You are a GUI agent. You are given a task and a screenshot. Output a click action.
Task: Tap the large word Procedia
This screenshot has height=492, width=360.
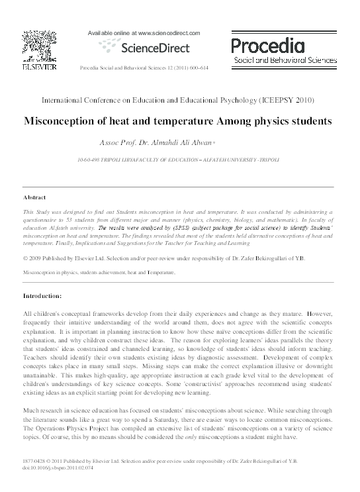pyautogui.click(x=267, y=45)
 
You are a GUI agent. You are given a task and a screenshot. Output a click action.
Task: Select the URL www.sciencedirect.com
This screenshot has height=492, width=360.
pyautogui.click(x=165, y=31)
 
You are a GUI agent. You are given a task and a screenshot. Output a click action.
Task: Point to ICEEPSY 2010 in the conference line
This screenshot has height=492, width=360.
pyautogui.click(x=292, y=101)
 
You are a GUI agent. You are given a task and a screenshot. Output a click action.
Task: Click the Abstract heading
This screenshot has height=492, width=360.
pyautogui.click(x=34, y=197)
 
